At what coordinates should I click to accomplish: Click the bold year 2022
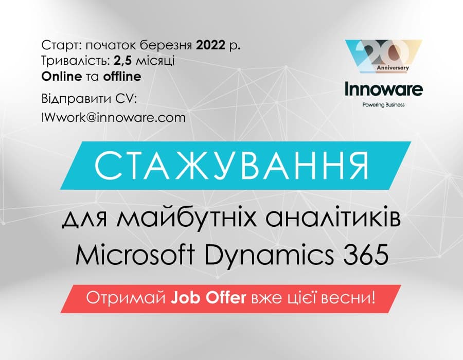click(x=210, y=45)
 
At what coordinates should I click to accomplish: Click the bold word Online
click(x=61, y=77)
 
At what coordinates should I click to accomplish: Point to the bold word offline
click(x=122, y=77)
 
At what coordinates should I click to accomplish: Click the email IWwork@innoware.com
click(x=114, y=117)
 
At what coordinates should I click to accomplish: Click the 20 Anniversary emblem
click(x=384, y=56)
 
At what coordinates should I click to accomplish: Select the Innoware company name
click(x=384, y=89)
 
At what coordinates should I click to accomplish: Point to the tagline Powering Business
click(x=384, y=105)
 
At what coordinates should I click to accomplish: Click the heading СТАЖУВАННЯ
click(x=232, y=165)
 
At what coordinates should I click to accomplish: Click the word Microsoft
click(x=135, y=255)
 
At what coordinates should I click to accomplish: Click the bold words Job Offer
click(x=208, y=298)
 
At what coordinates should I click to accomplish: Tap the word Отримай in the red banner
click(x=126, y=298)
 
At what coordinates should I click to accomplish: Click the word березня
click(x=165, y=45)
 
